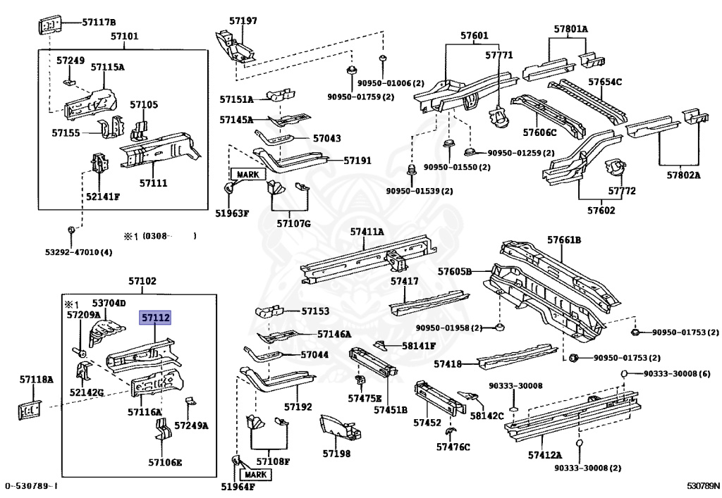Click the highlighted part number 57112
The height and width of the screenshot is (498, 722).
(x=155, y=317)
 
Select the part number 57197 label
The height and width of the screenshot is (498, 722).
(x=243, y=20)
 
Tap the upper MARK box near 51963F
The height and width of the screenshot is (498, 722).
(x=247, y=174)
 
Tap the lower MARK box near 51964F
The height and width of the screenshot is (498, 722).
(x=255, y=475)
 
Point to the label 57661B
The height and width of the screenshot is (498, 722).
(x=563, y=239)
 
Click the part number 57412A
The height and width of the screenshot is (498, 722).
(x=545, y=455)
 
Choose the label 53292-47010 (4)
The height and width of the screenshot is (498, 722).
(x=78, y=252)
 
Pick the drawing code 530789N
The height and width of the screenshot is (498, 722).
(x=703, y=485)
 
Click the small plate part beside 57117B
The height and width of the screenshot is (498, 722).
(x=49, y=25)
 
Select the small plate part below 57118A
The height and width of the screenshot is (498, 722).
(x=30, y=410)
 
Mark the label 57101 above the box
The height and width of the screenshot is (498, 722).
(x=124, y=36)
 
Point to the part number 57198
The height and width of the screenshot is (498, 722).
(x=336, y=454)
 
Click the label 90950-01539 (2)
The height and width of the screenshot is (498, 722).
(x=420, y=191)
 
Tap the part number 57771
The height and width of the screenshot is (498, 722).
(x=498, y=55)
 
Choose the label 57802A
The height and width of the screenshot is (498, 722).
(x=683, y=175)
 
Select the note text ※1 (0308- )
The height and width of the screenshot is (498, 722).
(x=160, y=236)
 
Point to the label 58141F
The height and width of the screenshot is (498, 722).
(x=419, y=346)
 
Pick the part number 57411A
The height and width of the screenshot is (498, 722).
(x=367, y=231)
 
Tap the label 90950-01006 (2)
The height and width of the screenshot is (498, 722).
(x=391, y=83)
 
